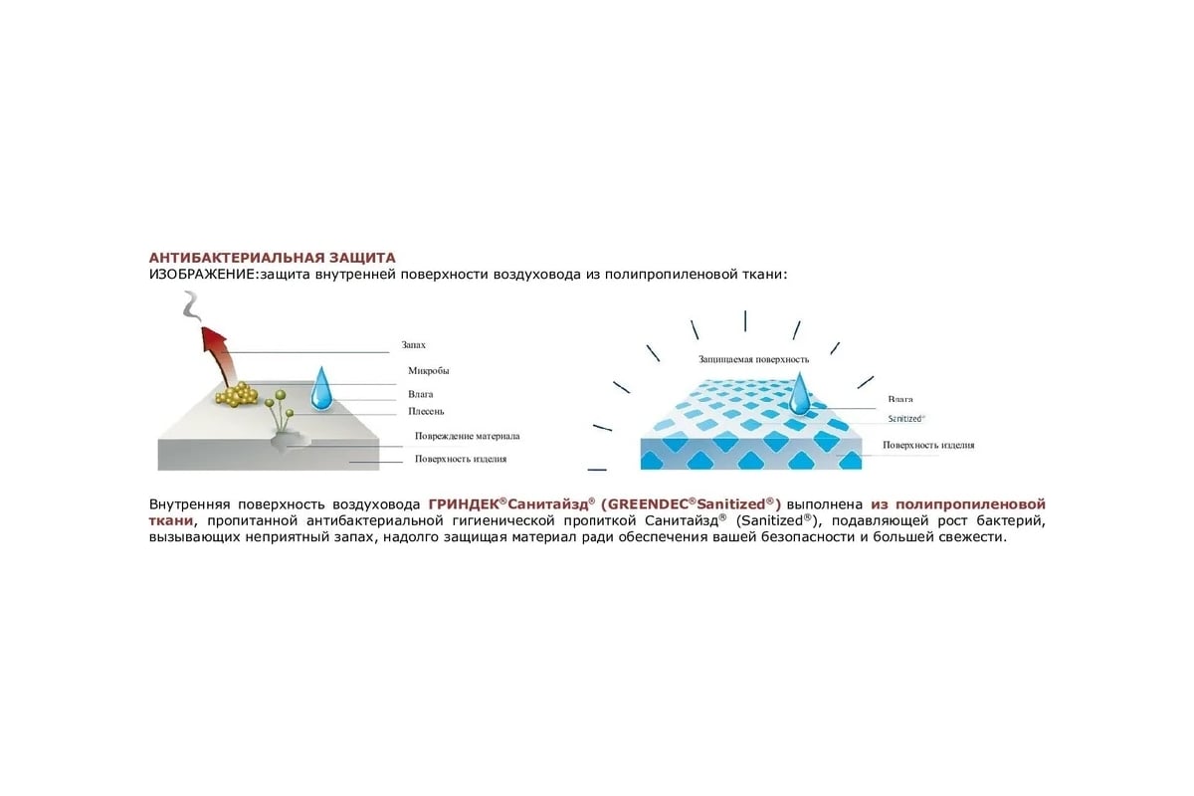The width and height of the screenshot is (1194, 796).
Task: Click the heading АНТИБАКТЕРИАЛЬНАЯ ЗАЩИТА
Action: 272,258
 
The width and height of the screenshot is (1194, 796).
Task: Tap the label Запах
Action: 413,345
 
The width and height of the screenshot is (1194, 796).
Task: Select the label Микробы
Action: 428,370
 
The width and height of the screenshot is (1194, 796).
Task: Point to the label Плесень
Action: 426,411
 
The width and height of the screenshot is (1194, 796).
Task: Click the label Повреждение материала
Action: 467,436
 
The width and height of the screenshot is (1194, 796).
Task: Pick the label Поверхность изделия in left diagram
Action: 461,459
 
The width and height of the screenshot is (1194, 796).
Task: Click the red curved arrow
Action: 218,356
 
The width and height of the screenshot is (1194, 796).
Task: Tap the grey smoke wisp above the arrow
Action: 191,306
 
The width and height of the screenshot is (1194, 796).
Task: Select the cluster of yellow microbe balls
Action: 237,395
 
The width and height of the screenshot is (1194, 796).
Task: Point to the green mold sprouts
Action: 281,410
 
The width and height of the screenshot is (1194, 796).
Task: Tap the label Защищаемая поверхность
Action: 754,360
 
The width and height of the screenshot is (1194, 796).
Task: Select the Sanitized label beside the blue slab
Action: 906,419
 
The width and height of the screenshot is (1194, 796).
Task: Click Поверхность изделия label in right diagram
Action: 928,445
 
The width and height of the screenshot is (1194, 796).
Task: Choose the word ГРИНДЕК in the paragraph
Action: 464,504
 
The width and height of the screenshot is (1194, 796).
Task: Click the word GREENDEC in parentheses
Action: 648,504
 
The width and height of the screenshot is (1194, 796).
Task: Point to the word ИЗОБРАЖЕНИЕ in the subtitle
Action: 202,275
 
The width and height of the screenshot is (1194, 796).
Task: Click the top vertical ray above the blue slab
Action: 745,321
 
